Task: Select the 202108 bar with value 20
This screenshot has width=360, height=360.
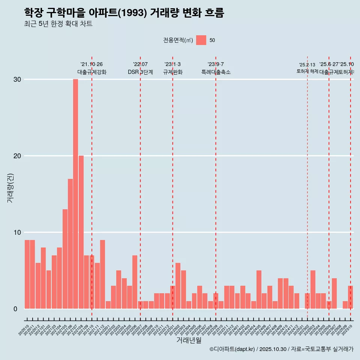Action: (81, 232)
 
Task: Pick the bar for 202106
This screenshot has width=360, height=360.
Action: (70, 244)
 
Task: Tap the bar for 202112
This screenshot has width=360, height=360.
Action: (102, 274)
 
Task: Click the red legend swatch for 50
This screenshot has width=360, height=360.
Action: (201, 40)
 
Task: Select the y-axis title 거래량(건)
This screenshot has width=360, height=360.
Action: (10, 187)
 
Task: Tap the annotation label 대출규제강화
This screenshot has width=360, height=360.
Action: (92, 72)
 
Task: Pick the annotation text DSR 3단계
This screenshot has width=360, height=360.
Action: (140, 72)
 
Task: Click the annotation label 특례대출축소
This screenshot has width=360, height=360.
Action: (216, 72)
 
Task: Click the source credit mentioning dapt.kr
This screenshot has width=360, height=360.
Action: (281, 349)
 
